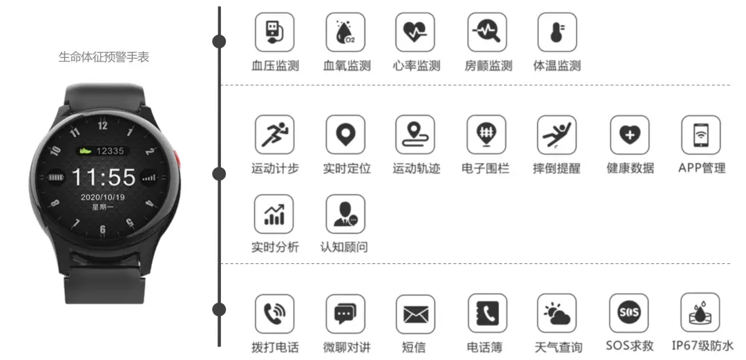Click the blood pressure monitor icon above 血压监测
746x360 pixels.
pos(274,32)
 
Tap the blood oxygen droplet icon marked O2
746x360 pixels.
pos(345,32)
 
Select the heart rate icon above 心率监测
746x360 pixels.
pos(415,32)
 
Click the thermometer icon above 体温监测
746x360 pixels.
pos(557,32)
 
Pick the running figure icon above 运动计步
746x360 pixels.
pos(274,134)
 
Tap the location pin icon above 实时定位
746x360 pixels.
pos(345,134)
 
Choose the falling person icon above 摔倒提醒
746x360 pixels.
pos(557,134)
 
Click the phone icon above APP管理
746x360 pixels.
pos(700,134)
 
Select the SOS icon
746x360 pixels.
pos(629,313)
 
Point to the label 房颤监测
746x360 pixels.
pos(488,66)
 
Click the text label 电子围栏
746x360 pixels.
pos(485,169)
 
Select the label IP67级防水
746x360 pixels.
pos(702,347)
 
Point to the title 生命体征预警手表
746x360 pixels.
pos(104,57)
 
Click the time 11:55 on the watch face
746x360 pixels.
pos(104,178)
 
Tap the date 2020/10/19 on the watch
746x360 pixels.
pos(102,197)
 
